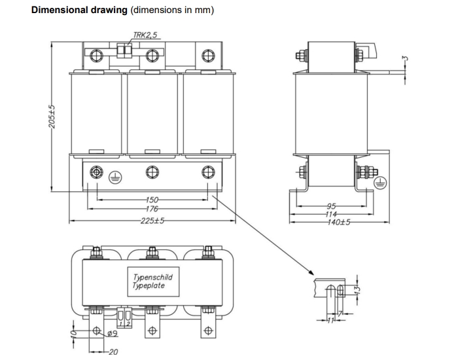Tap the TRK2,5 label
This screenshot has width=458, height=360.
(145, 35)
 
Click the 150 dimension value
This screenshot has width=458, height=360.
(151, 200)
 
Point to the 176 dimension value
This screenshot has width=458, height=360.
(151, 209)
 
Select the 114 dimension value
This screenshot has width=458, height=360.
(332, 214)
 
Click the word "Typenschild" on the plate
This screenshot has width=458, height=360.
(152, 278)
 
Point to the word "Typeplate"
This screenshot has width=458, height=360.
(149, 285)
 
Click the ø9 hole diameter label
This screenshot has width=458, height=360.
(111, 334)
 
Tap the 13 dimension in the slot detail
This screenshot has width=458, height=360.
(357, 289)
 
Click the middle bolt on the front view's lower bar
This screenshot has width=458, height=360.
(152, 172)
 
